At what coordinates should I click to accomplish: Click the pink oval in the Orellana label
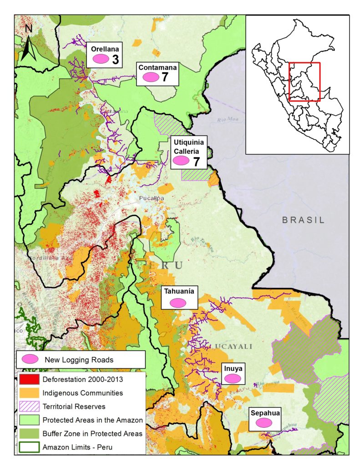coord(101,59)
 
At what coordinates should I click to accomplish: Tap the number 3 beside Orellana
coord(116,60)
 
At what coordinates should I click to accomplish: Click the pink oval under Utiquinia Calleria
coord(181,161)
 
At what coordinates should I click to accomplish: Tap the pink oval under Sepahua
coord(264,423)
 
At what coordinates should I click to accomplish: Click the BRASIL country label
coord(303,220)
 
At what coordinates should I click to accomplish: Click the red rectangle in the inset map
coord(304,81)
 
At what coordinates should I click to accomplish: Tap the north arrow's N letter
coord(29,28)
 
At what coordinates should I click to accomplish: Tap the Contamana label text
coord(157,67)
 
